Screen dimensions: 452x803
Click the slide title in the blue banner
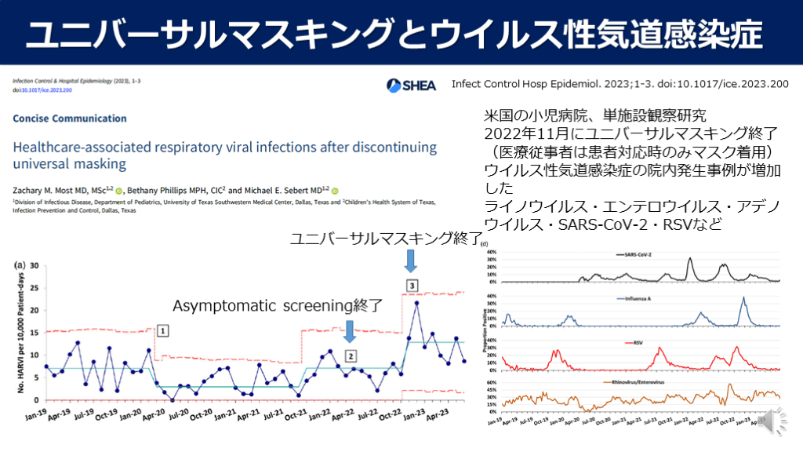click(x=401, y=34)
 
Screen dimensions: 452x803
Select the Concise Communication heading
click(x=70, y=118)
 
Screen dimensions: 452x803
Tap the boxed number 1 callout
click(x=161, y=330)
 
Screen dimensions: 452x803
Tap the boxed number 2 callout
click(x=351, y=355)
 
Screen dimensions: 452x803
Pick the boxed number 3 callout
click(x=412, y=285)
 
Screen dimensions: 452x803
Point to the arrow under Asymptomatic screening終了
click(x=350, y=330)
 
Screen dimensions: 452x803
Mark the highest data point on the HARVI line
click(x=416, y=303)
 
